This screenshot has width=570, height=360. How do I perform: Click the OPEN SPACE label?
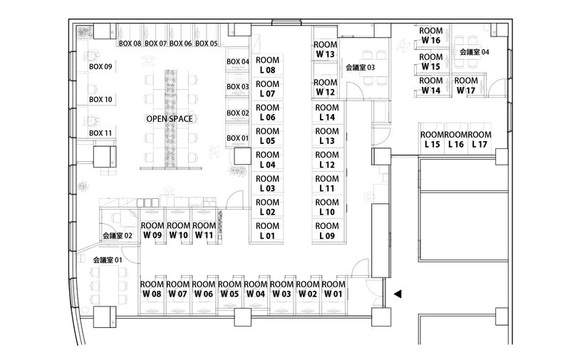[x=170, y=119]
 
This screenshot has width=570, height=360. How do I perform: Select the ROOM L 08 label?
[x=267, y=66]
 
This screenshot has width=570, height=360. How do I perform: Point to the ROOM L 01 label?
[x=267, y=230]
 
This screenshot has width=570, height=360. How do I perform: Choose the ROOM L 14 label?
[x=327, y=112]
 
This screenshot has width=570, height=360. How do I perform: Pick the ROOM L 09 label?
[x=327, y=230]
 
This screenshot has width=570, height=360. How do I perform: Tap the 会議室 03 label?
[x=361, y=68]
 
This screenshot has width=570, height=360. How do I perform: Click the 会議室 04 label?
[x=475, y=52]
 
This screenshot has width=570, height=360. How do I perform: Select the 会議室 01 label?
[x=108, y=260]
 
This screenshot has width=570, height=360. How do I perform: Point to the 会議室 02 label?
[x=118, y=235]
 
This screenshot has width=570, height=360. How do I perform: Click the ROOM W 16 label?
[x=431, y=36]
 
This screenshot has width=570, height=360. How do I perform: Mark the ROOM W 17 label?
[x=466, y=86]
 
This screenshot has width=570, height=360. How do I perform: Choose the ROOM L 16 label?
[x=456, y=140]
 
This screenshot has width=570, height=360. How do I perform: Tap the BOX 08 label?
[x=130, y=43]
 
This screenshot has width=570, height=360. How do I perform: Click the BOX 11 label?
[x=100, y=133]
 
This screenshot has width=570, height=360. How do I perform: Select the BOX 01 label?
[x=238, y=138]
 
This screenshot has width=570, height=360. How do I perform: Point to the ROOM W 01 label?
[x=333, y=289]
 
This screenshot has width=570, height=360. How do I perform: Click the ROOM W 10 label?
[x=178, y=230]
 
